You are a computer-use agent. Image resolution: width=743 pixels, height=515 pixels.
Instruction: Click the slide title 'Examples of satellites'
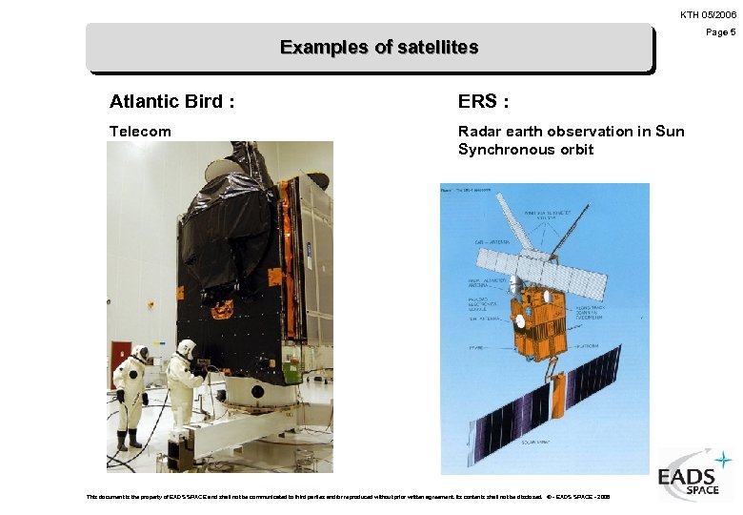pos(378,48)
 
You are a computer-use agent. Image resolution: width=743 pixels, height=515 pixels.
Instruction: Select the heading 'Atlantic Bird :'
pos(171,102)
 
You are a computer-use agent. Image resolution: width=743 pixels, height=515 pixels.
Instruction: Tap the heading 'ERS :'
pos(483,102)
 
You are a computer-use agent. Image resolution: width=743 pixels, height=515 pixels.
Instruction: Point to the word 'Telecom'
pos(140,132)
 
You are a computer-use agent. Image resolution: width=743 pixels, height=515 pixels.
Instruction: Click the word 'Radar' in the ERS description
pos(480,132)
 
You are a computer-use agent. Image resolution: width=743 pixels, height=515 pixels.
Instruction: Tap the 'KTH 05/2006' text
pos(707,14)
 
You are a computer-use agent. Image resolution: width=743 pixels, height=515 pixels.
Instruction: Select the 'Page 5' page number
pos(720,32)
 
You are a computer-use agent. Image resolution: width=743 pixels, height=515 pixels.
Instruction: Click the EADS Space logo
pos(694,474)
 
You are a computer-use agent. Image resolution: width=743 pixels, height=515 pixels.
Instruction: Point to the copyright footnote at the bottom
pos(348,497)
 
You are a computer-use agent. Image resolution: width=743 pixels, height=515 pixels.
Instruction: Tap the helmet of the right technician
pos(186,348)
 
